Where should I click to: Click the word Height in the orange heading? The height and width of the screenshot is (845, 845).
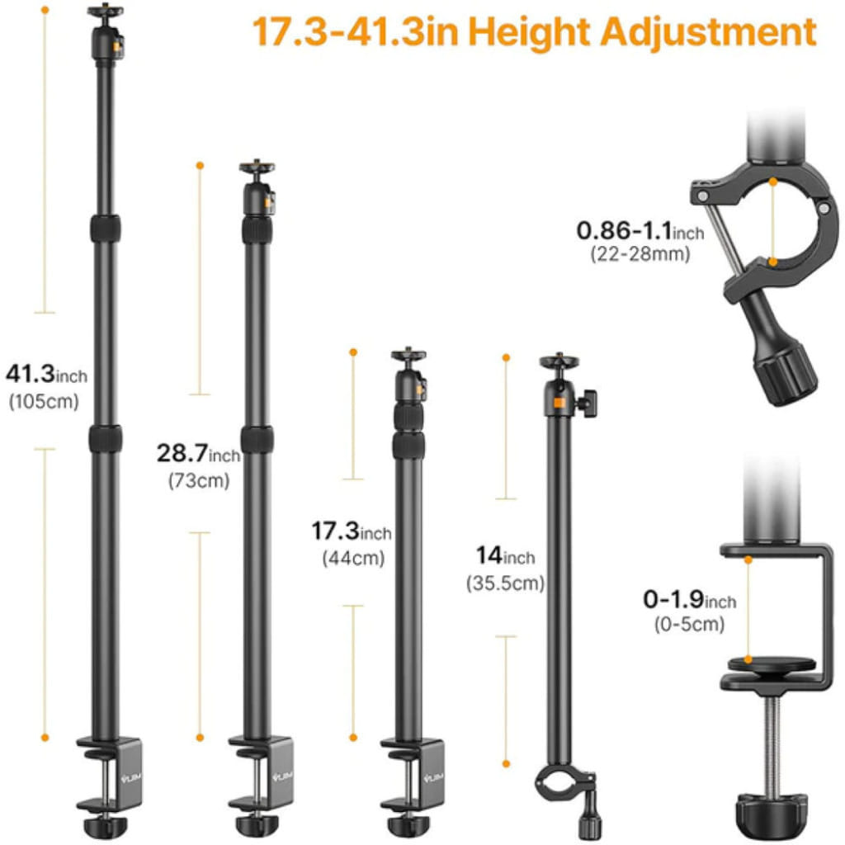[529, 33]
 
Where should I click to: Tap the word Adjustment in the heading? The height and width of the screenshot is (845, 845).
[709, 32]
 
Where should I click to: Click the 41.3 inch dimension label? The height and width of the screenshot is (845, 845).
[46, 374]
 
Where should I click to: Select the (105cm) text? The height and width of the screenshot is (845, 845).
[45, 402]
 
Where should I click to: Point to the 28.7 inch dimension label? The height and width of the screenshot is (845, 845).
[198, 453]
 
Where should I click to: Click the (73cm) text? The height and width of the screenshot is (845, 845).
[199, 481]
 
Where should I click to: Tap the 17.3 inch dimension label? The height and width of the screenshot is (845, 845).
[352, 531]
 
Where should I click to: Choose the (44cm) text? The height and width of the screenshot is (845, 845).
[353, 559]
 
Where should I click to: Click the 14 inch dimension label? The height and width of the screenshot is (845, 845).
[506, 555]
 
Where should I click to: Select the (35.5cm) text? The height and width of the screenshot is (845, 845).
[506, 583]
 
